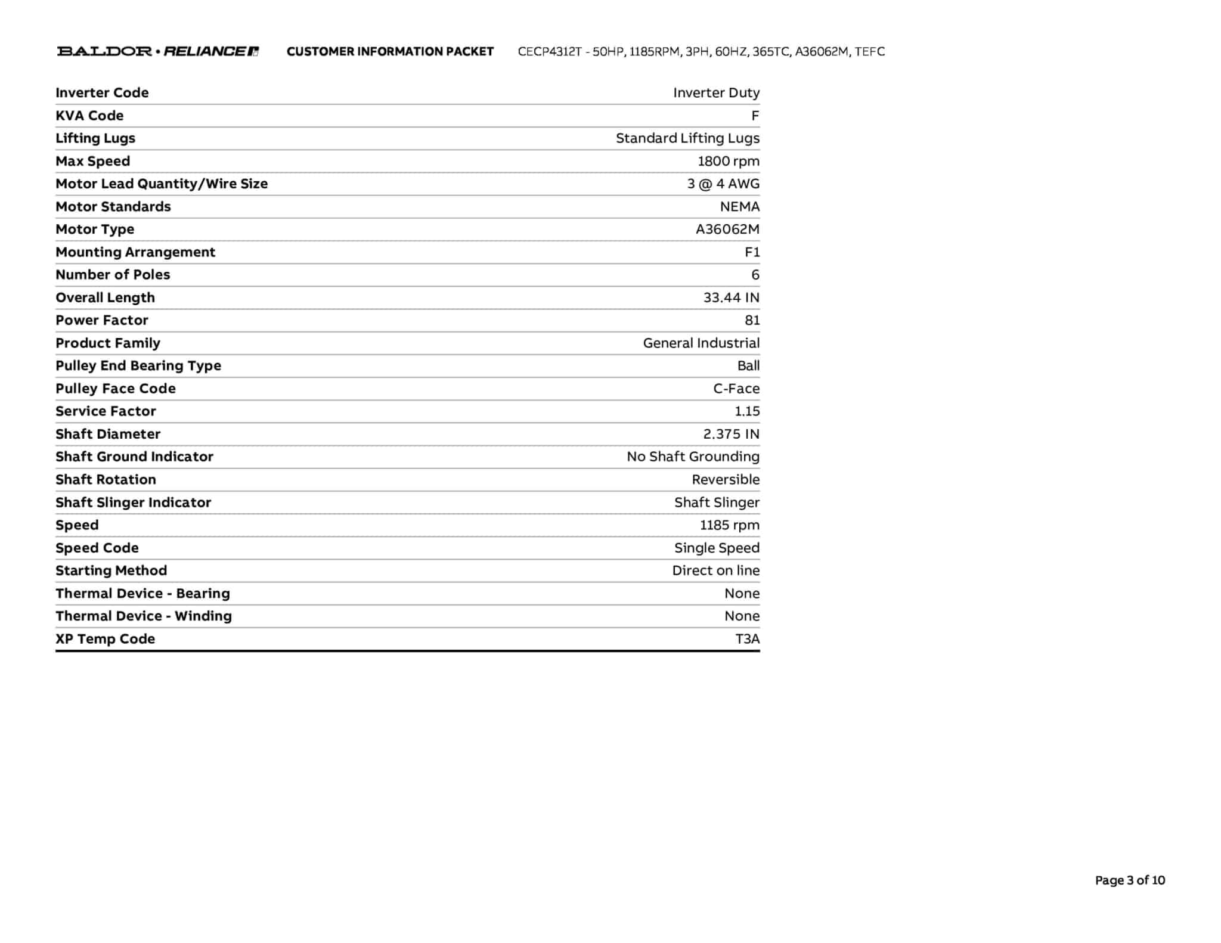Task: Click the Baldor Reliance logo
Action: (x=158, y=51)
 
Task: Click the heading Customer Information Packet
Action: (x=390, y=52)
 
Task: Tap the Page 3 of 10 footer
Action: (x=1129, y=880)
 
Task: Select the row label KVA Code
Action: (x=89, y=116)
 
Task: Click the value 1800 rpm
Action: (x=728, y=161)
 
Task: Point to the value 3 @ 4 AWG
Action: (x=723, y=184)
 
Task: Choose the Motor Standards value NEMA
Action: (x=739, y=206)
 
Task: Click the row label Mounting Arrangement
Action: (x=135, y=252)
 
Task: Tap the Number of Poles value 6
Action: (x=755, y=275)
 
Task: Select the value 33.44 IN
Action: (x=731, y=297)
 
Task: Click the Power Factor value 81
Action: (x=752, y=320)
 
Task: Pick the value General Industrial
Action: (x=701, y=343)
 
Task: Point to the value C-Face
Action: (x=736, y=389)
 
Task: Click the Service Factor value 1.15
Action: (x=747, y=411)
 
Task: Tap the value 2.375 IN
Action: (x=731, y=434)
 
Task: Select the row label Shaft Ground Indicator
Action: (x=134, y=457)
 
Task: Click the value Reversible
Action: (x=726, y=479)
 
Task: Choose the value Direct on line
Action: (x=715, y=570)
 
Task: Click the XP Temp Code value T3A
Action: (x=747, y=639)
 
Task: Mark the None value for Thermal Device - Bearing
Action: (x=742, y=593)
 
